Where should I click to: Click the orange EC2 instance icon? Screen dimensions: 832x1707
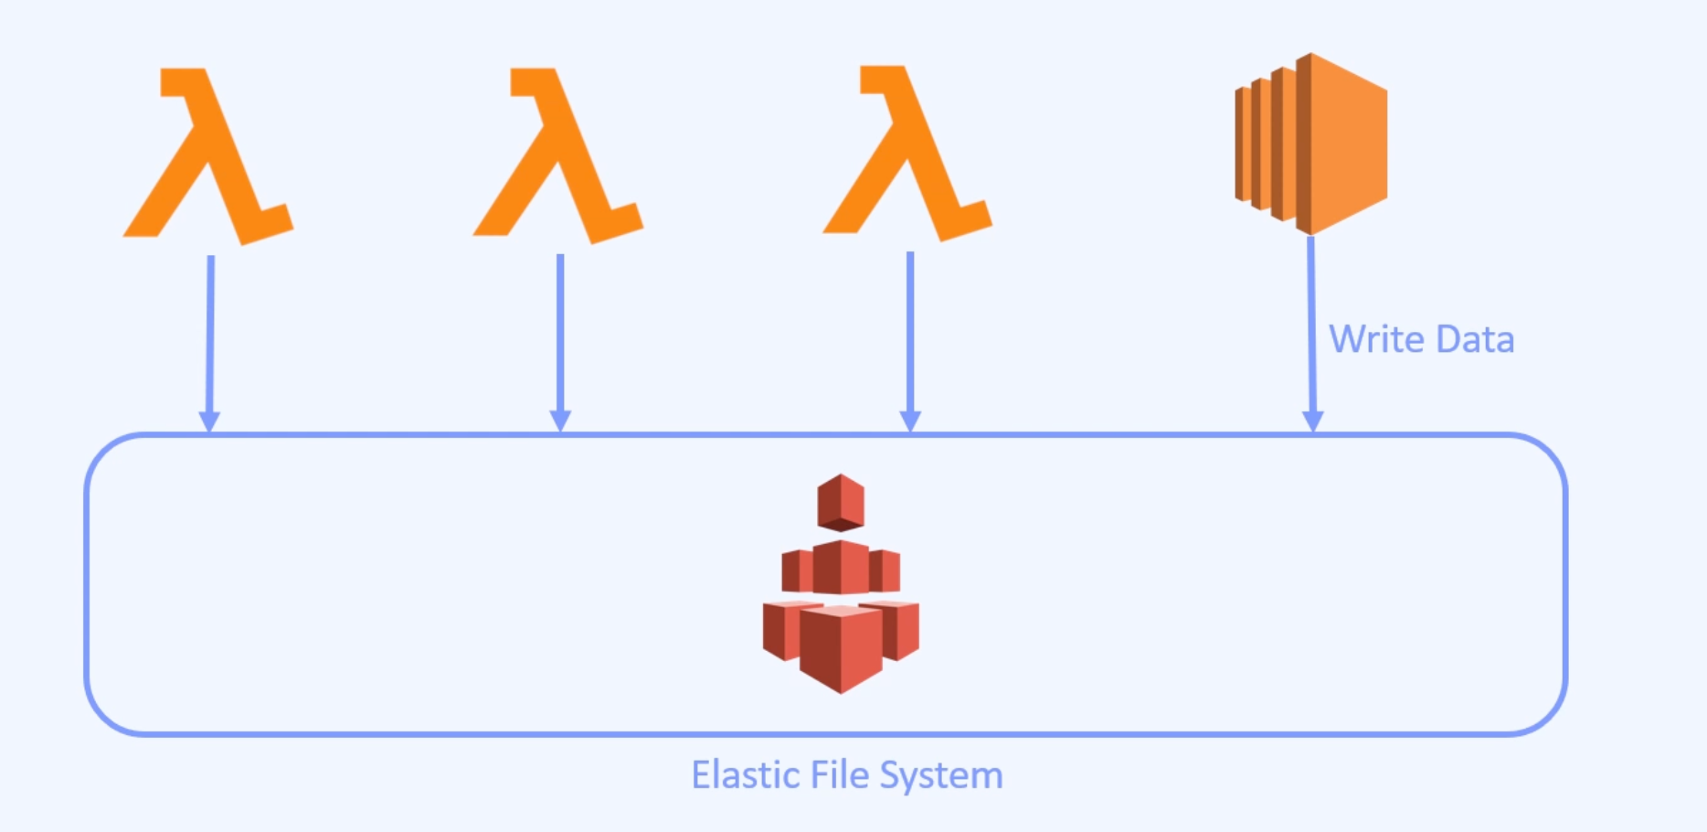pyautogui.click(x=1312, y=144)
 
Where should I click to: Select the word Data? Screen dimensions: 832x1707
pyautogui.click(x=1475, y=339)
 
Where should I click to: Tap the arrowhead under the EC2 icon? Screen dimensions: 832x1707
pyautogui.click(x=1313, y=421)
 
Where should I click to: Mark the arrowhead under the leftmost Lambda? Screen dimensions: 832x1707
pyautogui.click(x=209, y=421)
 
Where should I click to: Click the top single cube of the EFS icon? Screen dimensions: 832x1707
pyautogui.click(x=841, y=502)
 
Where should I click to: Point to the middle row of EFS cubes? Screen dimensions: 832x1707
pyautogui.click(x=841, y=568)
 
